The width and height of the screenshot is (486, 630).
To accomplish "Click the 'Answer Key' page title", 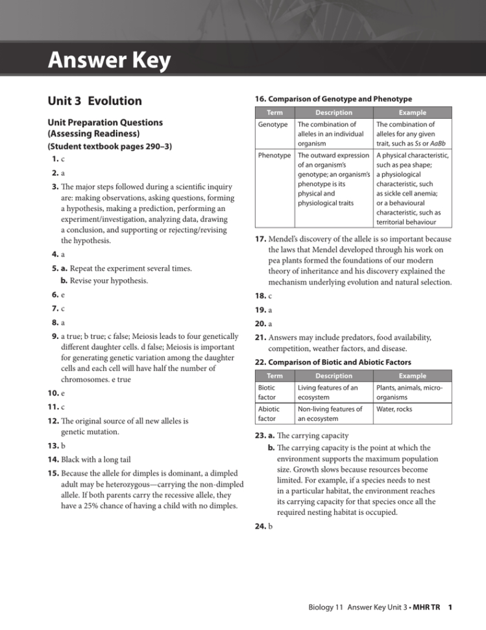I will click(109, 62).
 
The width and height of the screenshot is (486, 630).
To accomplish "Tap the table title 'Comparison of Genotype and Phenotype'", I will click(331, 99).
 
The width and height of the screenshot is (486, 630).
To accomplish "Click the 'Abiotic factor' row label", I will click(270, 414).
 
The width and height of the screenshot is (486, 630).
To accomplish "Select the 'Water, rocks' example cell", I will click(394, 409).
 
